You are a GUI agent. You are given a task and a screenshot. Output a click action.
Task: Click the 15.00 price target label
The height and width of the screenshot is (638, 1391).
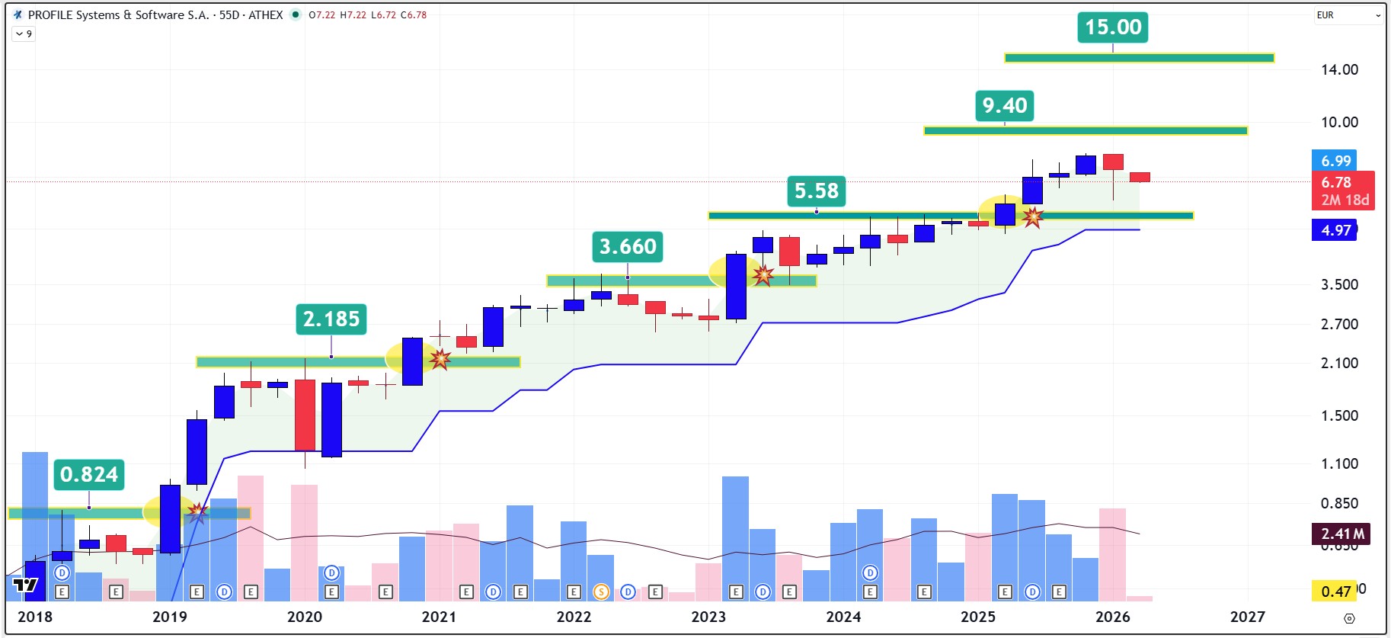click(1113, 27)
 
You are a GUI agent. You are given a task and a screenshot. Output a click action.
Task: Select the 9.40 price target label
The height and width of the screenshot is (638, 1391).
click(1004, 106)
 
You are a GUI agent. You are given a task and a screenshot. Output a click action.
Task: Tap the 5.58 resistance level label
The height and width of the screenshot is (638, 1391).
click(816, 191)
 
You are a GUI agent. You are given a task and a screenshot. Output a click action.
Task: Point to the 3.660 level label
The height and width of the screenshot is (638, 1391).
click(628, 247)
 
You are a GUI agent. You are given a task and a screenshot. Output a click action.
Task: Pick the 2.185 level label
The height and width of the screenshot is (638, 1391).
click(331, 319)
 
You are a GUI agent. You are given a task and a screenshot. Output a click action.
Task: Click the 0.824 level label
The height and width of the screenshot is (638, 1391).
click(89, 474)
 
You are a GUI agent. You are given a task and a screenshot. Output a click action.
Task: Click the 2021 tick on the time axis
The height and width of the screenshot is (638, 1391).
click(439, 617)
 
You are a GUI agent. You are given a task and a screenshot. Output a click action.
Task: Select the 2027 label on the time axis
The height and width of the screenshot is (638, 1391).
click(1247, 617)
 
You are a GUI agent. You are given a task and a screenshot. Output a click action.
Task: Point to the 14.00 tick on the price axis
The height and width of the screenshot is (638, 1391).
click(1339, 70)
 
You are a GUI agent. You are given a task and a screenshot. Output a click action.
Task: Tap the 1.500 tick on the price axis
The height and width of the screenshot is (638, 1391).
click(1339, 415)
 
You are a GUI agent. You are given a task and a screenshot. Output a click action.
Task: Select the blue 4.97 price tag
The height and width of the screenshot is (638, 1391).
click(1335, 230)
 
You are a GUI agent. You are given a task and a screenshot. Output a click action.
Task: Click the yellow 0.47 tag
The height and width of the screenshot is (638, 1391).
click(1335, 592)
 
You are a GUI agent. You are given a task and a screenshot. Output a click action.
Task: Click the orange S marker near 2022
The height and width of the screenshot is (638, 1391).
click(601, 592)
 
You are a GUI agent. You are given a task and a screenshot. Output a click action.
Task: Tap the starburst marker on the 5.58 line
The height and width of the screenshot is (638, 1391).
click(1032, 217)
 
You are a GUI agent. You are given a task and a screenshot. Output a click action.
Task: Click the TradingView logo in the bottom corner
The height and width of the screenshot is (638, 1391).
click(25, 585)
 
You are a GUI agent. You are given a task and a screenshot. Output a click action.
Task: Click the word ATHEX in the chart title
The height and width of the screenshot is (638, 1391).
click(265, 15)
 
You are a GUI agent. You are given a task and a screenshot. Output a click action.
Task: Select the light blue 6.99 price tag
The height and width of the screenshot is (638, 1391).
click(1335, 161)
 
